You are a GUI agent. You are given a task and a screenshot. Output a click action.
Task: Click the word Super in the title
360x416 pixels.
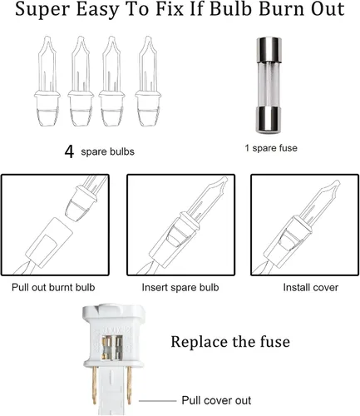(x=42, y=10)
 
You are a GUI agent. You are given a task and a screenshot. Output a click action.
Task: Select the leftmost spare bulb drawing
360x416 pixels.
(x=47, y=82)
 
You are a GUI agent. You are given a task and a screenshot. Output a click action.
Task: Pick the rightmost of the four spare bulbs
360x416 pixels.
(x=148, y=82)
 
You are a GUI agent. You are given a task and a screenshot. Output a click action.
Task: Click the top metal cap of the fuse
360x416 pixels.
(x=269, y=50)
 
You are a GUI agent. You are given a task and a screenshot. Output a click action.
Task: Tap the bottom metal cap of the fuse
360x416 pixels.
(x=269, y=120)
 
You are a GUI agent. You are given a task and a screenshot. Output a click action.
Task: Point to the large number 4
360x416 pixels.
(x=69, y=151)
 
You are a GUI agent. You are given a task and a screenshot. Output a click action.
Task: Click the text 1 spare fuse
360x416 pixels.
(x=271, y=148)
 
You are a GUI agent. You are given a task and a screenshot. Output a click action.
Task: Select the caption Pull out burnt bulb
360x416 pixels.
(x=53, y=287)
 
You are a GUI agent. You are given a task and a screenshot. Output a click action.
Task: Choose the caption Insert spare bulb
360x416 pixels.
(x=180, y=288)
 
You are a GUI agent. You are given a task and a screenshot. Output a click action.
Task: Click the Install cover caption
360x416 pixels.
(x=311, y=288)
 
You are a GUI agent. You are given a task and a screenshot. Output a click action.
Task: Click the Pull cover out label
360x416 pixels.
(x=216, y=400)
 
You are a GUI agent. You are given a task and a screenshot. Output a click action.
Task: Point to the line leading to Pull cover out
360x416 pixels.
(x=157, y=401)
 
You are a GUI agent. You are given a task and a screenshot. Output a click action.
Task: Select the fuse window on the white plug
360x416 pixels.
(x=112, y=348)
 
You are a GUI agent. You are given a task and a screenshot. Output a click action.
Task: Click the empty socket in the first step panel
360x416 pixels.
(x=49, y=243)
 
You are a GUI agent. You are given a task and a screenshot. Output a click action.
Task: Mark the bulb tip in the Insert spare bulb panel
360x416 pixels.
(x=224, y=181)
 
